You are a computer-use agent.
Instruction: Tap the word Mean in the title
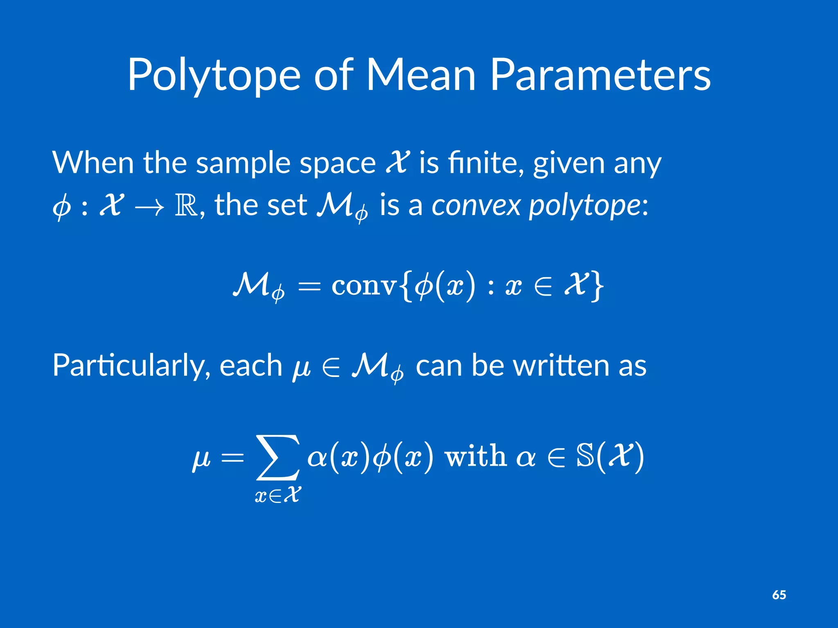(421, 76)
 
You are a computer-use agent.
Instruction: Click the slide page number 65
(779, 595)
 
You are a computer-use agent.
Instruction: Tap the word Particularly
(131, 365)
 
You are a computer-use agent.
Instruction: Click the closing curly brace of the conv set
(598, 286)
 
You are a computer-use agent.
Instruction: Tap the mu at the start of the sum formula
(201, 458)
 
